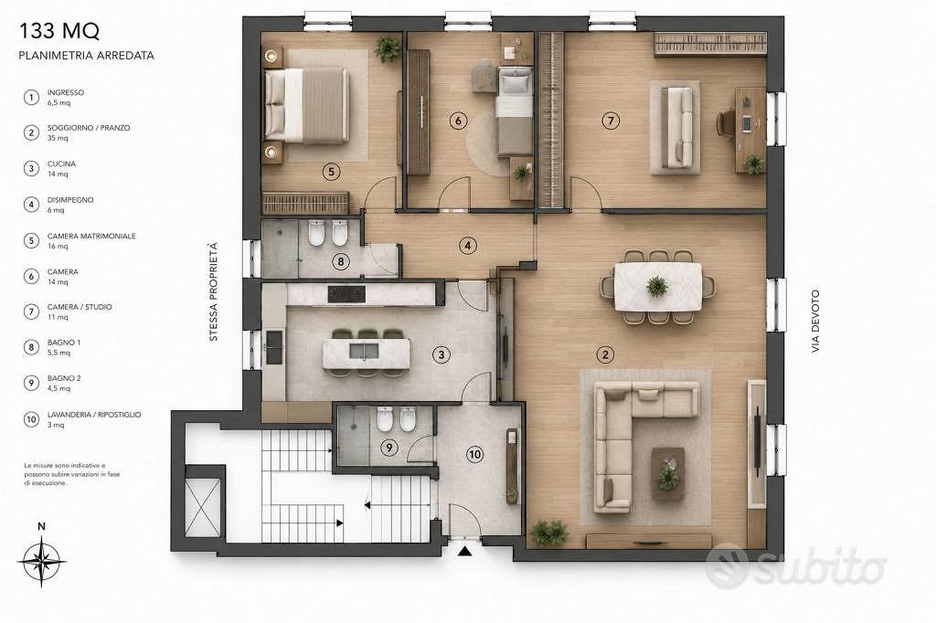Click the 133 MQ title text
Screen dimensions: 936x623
(59, 30)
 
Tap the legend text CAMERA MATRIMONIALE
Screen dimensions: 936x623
(91, 236)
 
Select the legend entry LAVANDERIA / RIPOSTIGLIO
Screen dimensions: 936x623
(94, 414)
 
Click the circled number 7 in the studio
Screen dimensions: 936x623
(610, 121)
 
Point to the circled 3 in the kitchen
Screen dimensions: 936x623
(441, 355)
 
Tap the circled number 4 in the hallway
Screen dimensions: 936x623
(467, 245)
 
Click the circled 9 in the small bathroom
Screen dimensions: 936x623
(388, 447)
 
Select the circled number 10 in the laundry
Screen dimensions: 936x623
(474, 455)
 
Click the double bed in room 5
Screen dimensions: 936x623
(306, 106)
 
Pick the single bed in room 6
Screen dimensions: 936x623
(515, 111)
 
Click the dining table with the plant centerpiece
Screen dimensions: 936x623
(658, 287)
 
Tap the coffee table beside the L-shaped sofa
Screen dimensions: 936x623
(668, 474)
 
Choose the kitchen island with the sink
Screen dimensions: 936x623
(367, 354)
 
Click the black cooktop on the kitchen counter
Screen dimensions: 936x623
(346, 293)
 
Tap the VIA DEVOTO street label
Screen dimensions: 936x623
(815, 321)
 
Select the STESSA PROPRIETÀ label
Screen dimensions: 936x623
(213, 291)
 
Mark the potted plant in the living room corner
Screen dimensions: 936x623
(548, 533)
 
